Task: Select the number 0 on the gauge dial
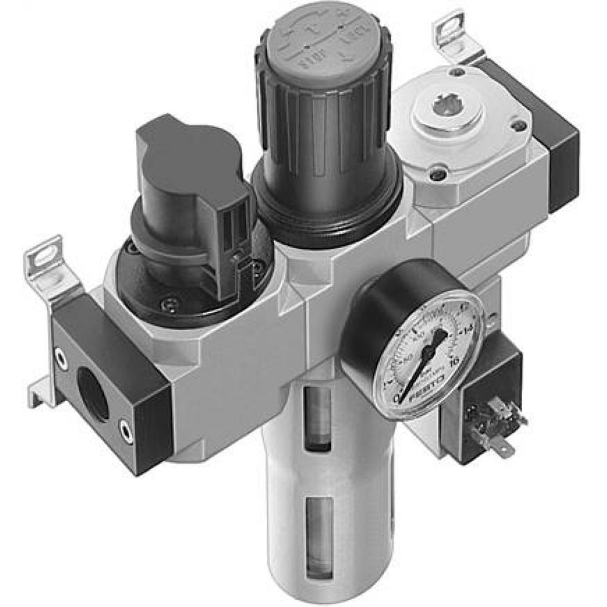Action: click(x=398, y=398)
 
